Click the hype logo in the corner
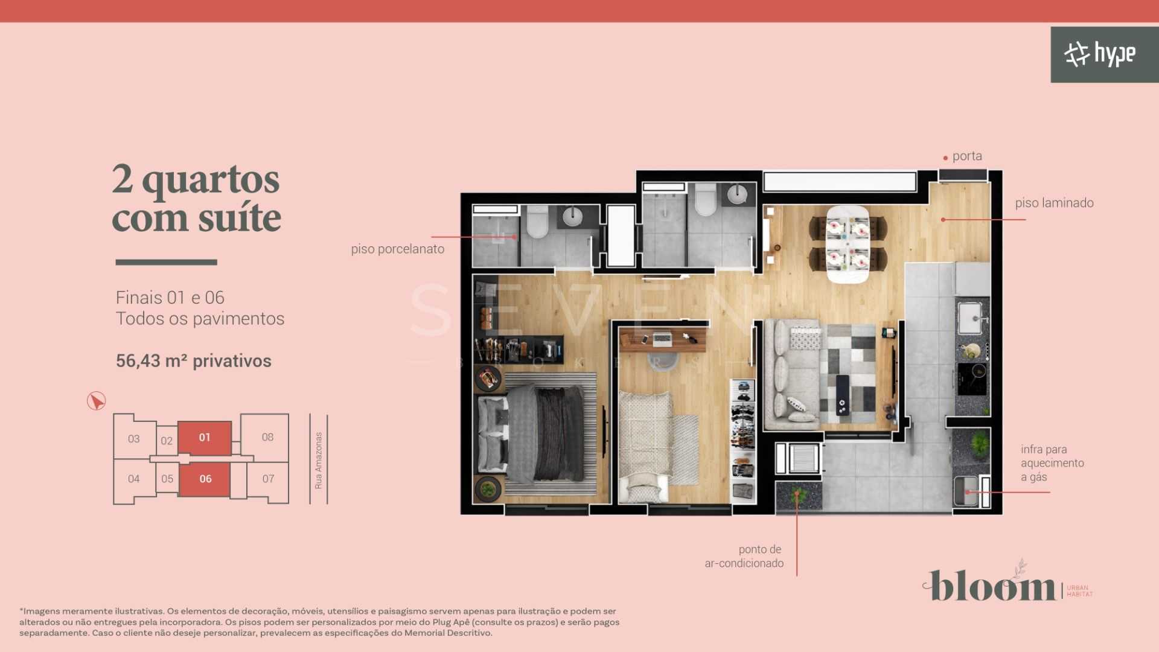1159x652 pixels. click(x=1100, y=54)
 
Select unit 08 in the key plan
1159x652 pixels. click(x=267, y=437)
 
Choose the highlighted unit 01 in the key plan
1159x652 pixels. click(x=205, y=438)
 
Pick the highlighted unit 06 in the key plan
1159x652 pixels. click(x=205, y=479)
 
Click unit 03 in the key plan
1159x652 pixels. click(x=133, y=439)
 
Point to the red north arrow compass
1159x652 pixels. click(x=96, y=401)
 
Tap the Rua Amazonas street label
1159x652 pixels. click(x=319, y=460)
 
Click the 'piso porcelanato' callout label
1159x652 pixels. click(x=397, y=249)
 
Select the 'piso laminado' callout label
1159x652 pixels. click(x=1054, y=203)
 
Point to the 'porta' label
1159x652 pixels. click(x=967, y=156)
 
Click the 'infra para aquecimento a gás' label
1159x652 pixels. click(x=1052, y=463)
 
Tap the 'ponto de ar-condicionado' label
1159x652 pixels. click(x=744, y=556)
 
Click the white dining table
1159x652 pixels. click(x=848, y=244)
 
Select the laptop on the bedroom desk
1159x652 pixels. click(x=662, y=339)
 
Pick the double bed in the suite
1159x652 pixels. click(x=540, y=435)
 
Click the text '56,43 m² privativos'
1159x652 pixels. click(x=193, y=361)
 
